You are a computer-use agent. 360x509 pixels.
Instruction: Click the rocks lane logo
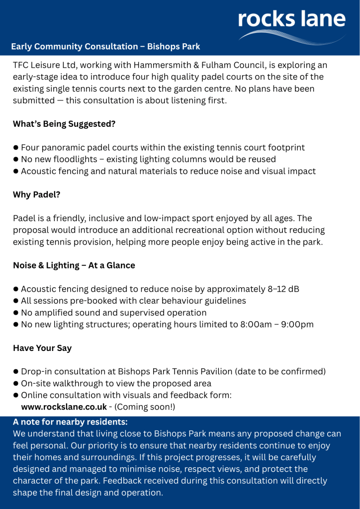291,20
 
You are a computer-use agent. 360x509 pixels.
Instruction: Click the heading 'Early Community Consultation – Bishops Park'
105,47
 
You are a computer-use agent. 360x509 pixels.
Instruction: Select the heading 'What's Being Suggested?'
64,124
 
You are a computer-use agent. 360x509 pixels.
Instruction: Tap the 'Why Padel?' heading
37,194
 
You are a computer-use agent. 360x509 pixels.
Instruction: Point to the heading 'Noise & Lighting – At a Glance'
74,265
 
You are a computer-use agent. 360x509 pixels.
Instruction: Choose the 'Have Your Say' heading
42,348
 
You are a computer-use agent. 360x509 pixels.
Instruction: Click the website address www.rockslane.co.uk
64,407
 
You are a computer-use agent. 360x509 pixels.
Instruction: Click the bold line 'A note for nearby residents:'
70,422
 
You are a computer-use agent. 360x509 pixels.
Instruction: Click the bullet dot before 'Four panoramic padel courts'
16,148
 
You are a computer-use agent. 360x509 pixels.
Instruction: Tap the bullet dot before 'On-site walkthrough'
16,384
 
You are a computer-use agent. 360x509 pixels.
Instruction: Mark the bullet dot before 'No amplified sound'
16,313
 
